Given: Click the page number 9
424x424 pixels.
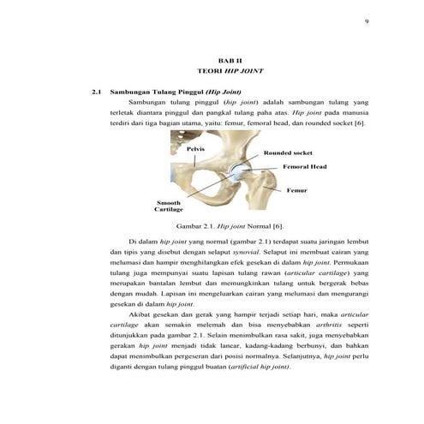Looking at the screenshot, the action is click(x=366, y=20).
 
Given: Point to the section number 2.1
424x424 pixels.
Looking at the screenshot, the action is click(x=97, y=91).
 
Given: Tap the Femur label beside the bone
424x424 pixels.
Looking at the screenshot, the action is click(x=297, y=189).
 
